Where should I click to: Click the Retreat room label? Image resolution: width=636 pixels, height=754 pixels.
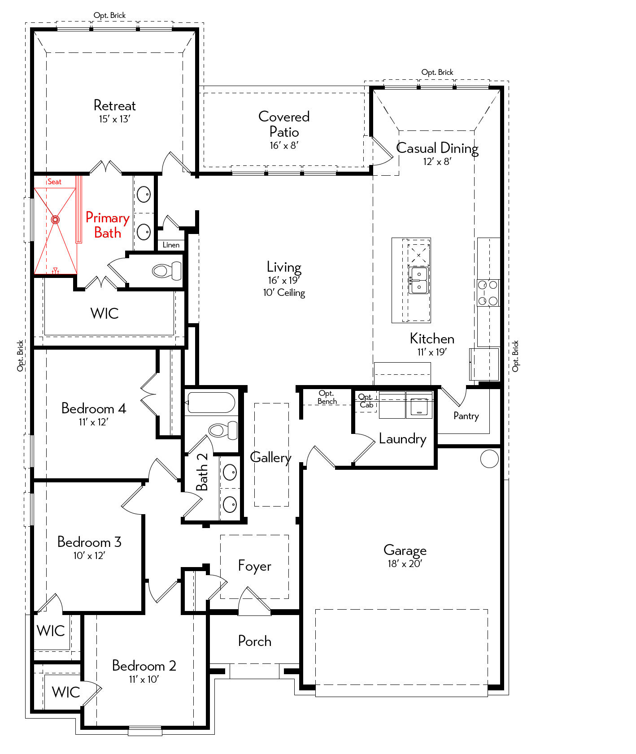coord(114,105)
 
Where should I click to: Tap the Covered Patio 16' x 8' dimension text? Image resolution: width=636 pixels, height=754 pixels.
coord(284,145)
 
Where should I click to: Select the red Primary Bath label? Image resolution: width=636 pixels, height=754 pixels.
coord(108,225)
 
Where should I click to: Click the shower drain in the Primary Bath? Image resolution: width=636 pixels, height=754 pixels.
coord(55,220)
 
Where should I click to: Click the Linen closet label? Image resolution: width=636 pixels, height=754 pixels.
coord(171,245)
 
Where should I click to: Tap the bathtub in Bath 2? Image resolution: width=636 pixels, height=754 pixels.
coord(211,403)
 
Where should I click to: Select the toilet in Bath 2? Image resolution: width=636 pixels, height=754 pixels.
coord(223,430)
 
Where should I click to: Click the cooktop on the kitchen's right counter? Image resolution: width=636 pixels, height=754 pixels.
coord(488,293)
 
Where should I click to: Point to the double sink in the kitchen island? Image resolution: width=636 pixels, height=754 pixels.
coord(419,280)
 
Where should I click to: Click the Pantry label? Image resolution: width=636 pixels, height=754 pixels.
coord(466,416)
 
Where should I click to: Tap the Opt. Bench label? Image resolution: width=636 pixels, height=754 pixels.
coord(327,397)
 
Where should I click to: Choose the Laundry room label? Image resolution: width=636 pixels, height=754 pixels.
coord(402,439)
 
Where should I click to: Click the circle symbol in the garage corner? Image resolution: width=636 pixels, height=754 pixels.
coord(489,459)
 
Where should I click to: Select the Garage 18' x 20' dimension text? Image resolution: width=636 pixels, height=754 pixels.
coord(405,563)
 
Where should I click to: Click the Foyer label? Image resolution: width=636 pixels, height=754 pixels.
coord(254,566)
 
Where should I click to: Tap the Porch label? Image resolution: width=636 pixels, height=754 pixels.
coord(254,641)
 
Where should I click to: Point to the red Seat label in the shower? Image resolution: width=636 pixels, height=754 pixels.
coord(54,182)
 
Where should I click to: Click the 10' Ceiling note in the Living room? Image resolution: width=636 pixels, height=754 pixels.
coord(284,293)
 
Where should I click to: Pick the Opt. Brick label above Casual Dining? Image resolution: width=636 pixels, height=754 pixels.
coord(437,72)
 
